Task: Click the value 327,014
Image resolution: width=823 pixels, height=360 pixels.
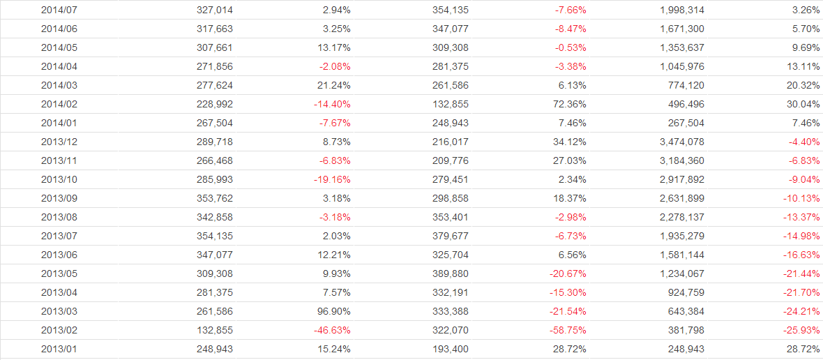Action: (215, 10)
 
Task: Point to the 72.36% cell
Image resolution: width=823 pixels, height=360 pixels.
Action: (568, 104)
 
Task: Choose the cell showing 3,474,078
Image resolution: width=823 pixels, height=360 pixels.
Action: (681, 142)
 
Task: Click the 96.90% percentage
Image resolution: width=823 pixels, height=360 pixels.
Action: (333, 311)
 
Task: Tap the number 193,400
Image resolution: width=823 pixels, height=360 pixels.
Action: (451, 349)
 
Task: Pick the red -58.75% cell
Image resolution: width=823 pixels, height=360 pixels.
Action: (566, 330)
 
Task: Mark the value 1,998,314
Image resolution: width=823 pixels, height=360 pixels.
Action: (681, 10)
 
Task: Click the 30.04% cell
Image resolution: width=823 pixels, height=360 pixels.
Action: (802, 104)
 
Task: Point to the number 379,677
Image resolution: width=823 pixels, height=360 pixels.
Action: (451, 236)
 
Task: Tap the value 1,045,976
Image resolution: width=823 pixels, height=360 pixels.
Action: (681, 66)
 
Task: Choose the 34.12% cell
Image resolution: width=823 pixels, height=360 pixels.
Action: (568, 142)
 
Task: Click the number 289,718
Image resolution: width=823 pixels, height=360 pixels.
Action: (215, 142)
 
